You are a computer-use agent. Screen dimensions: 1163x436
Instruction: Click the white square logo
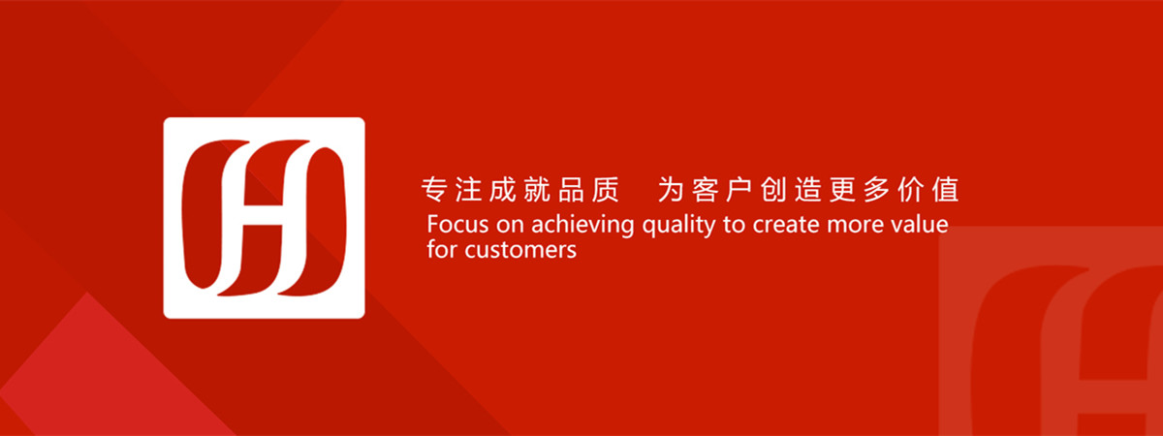(264, 218)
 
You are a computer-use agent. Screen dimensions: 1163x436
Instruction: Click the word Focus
(457, 224)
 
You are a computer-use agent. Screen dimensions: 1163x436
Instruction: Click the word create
(786, 225)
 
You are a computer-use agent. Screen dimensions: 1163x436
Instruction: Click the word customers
(520, 251)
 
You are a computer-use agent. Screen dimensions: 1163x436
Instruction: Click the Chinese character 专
(434, 189)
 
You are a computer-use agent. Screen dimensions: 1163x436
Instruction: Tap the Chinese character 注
(468, 189)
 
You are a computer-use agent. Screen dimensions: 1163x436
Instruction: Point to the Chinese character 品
(571, 189)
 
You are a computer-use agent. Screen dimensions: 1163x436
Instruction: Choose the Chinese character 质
(606, 189)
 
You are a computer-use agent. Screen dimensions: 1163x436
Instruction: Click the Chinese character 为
(671, 189)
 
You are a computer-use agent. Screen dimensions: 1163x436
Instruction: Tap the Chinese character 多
(876, 189)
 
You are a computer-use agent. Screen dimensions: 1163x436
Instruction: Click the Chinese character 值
(945, 189)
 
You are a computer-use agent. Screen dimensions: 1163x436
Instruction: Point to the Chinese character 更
(842, 189)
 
